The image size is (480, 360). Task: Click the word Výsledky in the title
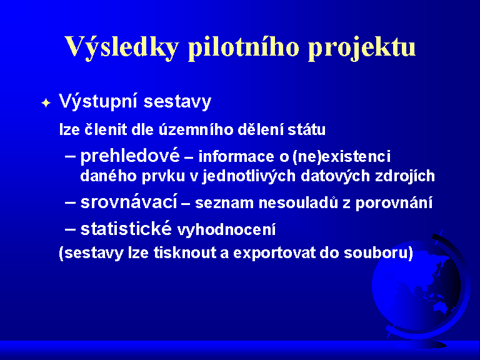pos(121,47)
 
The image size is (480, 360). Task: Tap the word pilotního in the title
pos(243,47)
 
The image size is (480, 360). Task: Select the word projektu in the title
pos(362,48)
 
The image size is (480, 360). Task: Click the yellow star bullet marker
pos(46,103)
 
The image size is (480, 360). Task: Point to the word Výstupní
pos(97,101)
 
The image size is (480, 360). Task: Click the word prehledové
pos(130,156)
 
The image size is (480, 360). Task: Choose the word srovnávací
pos(129,202)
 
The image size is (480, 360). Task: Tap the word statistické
pos(126,228)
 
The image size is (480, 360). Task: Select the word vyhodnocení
pos(226,230)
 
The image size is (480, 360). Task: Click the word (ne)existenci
pos(341,157)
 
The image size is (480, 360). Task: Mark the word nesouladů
pos(298,203)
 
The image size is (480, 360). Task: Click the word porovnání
pos(394,203)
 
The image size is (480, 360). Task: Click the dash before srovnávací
pos(70,202)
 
